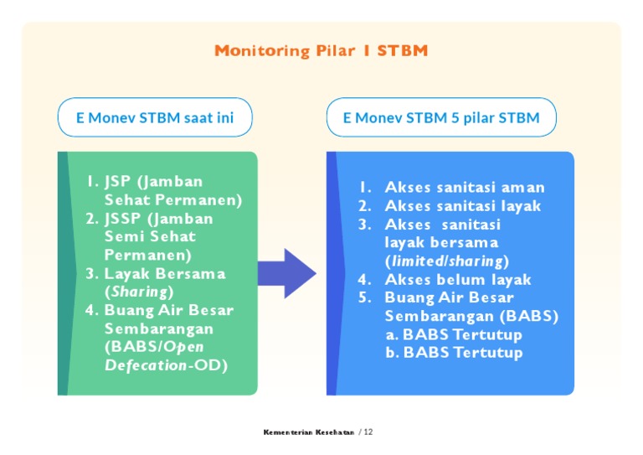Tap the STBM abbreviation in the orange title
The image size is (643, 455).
click(402, 51)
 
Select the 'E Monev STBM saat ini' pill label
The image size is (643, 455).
click(155, 117)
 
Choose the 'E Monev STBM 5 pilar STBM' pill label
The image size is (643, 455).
click(441, 117)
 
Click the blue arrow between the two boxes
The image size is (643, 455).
click(286, 273)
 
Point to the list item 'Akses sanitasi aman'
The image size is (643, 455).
click(464, 188)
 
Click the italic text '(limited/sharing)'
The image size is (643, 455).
click(446, 261)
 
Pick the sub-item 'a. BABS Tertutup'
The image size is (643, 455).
click(453, 334)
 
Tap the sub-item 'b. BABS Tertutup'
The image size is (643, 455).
click(454, 353)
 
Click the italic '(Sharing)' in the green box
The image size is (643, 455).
click(139, 292)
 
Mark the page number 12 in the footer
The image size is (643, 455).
click(368, 432)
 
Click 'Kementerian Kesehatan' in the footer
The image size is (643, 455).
click(308, 432)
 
